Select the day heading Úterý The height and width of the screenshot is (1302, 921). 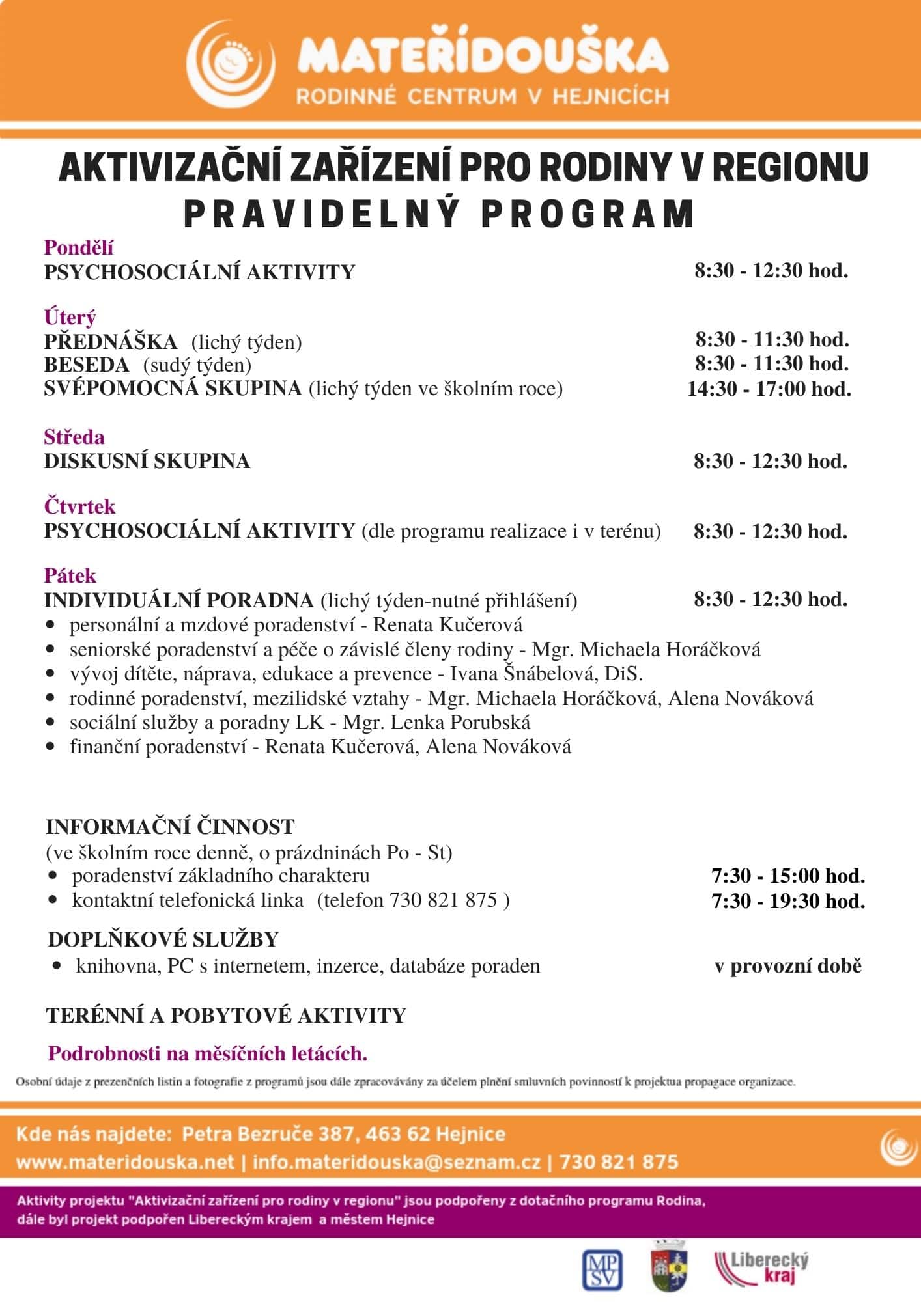(x=70, y=317)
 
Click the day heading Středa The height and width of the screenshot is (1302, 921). (x=74, y=436)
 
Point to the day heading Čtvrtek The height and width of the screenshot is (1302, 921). (x=79, y=506)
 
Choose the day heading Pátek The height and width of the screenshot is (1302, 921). (x=70, y=575)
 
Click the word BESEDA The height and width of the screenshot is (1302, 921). (x=87, y=365)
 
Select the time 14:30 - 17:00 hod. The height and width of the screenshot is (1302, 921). (x=769, y=389)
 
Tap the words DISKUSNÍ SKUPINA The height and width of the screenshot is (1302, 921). (x=147, y=461)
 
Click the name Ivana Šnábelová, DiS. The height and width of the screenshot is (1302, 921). (x=546, y=673)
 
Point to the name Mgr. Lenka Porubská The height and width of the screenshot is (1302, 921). (x=436, y=722)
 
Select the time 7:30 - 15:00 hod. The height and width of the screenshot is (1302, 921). (x=788, y=876)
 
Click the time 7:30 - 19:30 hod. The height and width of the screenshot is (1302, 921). (x=788, y=901)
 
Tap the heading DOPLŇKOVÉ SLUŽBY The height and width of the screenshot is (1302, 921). (x=163, y=939)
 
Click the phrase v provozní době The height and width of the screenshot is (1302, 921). (x=787, y=966)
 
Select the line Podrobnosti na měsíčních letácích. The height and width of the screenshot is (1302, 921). (x=208, y=1053)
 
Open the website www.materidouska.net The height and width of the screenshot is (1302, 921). (x=125, y=1162)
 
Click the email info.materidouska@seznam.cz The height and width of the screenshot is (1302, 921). (x=397, y=1162)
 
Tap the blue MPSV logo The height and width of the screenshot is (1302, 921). (x=601, y=1269)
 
